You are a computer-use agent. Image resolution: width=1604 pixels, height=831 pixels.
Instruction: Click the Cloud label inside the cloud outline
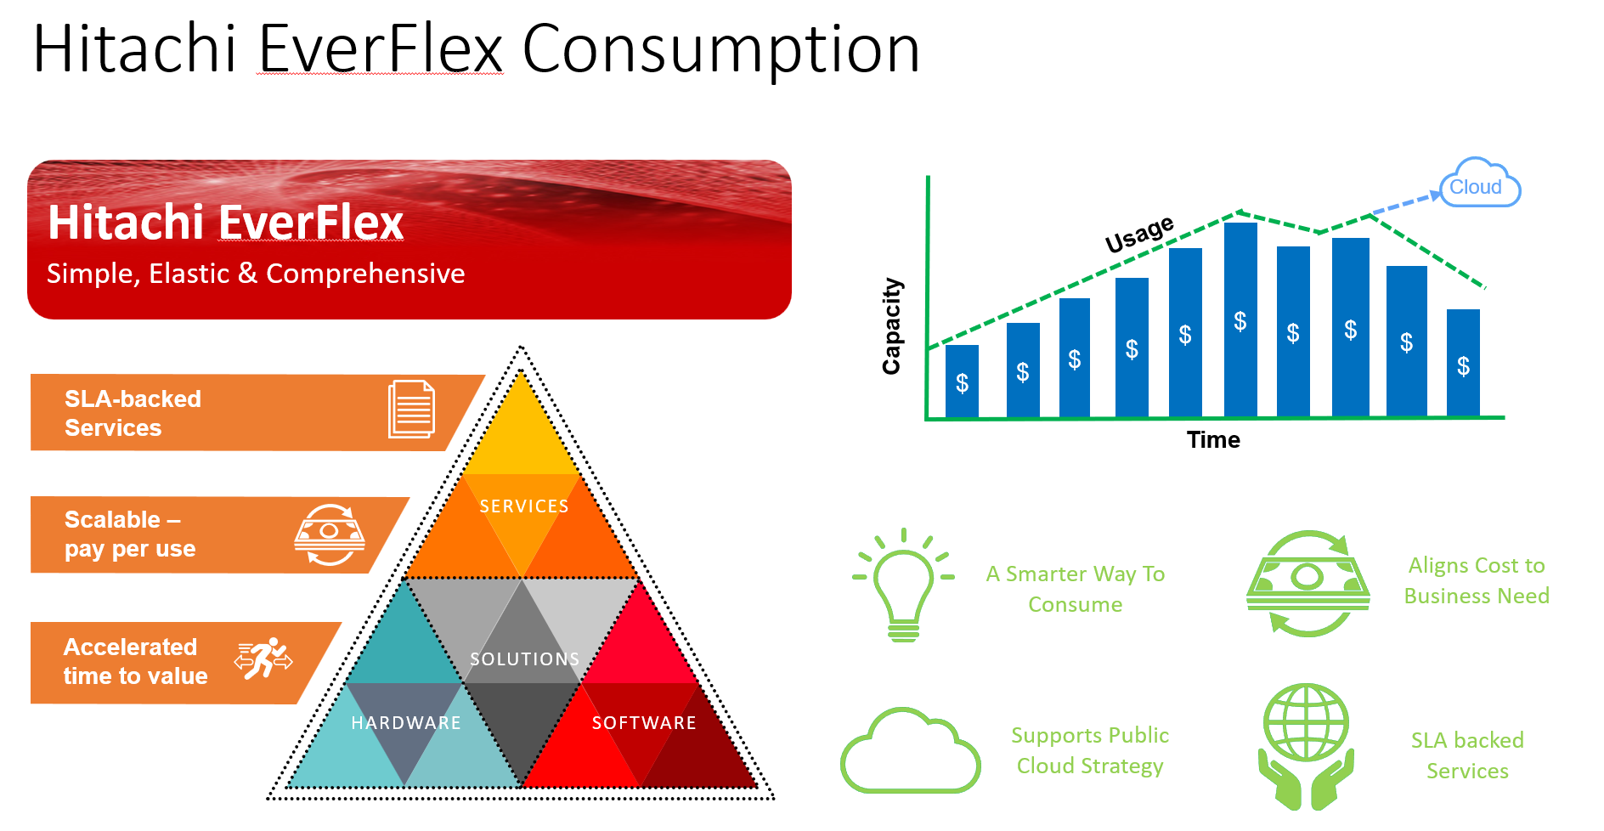1475,187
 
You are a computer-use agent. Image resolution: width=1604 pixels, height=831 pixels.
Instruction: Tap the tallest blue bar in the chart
1240,319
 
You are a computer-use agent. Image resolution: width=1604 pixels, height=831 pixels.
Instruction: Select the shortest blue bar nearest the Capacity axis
962,381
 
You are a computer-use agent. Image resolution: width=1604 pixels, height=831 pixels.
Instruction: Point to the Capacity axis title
891,326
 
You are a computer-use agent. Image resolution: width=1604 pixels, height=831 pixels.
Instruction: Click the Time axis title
1213,439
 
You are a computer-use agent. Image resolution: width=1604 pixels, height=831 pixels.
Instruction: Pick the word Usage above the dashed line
1139,234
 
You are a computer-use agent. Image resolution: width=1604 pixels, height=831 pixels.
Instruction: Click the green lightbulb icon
903,585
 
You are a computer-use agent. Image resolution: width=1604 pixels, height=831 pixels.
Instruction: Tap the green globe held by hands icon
1306,746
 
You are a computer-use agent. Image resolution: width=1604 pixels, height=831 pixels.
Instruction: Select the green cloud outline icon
910,750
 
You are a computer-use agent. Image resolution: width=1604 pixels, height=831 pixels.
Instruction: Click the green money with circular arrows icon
1307,584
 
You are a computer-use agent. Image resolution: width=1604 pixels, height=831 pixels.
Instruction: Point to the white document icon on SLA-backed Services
412,410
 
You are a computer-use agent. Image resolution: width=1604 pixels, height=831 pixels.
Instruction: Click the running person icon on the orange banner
264,658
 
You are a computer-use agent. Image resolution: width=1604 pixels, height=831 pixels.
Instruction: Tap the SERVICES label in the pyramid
524,506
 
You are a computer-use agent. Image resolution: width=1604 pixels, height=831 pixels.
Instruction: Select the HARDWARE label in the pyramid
406,723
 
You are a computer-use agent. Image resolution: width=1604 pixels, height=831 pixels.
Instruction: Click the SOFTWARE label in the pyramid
644,723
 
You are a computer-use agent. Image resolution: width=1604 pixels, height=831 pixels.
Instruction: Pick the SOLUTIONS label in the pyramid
525,659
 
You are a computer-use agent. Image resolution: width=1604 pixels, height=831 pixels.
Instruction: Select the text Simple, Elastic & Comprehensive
256,274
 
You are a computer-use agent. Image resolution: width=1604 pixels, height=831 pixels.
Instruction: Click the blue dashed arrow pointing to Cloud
1407,203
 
